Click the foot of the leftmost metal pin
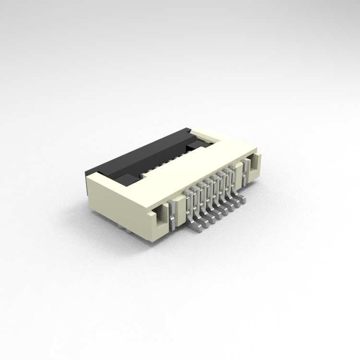[197, 227]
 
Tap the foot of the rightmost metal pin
[241, 200]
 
